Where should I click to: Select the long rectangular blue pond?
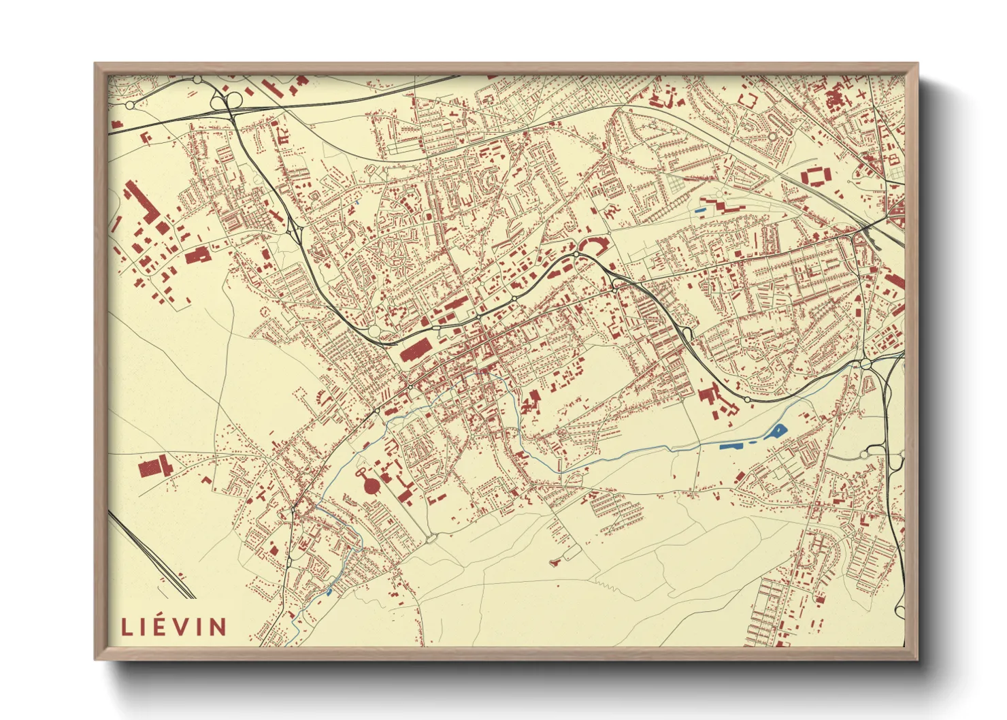point(732,445)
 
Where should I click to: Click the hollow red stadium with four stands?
point(816,177)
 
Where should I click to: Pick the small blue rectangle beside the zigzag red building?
point(699,210)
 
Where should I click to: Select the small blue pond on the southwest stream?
point(329,592)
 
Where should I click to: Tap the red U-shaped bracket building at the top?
point(746,100)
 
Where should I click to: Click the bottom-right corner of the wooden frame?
point(917,659)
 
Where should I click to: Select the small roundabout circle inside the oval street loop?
point(772,136)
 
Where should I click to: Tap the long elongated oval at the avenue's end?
point(432,538)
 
